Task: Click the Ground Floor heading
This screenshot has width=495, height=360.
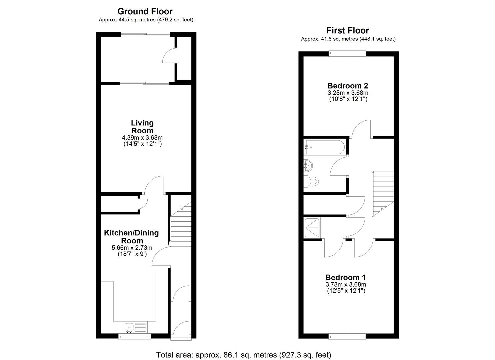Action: [x=145, y=11]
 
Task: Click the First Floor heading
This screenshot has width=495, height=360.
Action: [x=348, y=30]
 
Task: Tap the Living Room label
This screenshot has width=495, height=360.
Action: [x=142, y=127]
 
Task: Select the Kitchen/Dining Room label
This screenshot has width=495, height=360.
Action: [x=131, y=237]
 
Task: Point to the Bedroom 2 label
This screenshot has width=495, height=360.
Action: [x=348, y=86]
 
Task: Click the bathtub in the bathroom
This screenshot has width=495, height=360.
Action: [x=324, y=147]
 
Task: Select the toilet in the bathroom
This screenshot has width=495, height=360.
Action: [x=311, y=182]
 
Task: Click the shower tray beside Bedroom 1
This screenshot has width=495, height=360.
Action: [x=312, y=228]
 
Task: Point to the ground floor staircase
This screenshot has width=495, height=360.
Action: [x=180, y=224]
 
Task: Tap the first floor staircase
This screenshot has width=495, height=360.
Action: [x=383, y=194]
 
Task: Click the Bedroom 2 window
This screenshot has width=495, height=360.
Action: [x=347, y=53]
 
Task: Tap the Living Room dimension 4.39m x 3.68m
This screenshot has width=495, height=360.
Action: [x=142, y=138]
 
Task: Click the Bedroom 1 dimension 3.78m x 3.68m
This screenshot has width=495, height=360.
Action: [x=346, y=284]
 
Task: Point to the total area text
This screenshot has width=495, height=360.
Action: [x=244, y=355]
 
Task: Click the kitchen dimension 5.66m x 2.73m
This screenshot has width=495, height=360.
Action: [x=132, y=248]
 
